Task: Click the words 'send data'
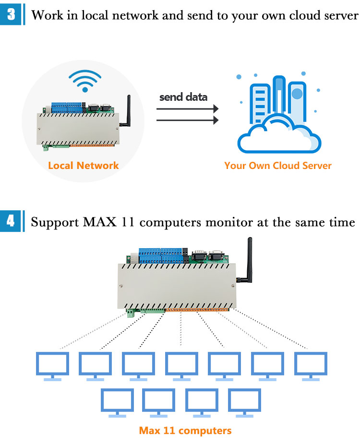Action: [183, 97]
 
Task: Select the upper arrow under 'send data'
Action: [187, 109]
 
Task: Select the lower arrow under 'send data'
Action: [187, 120]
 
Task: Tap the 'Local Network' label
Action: [83, 166]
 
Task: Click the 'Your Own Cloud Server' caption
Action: [277, 166]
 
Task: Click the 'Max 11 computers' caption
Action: [185, 430]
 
